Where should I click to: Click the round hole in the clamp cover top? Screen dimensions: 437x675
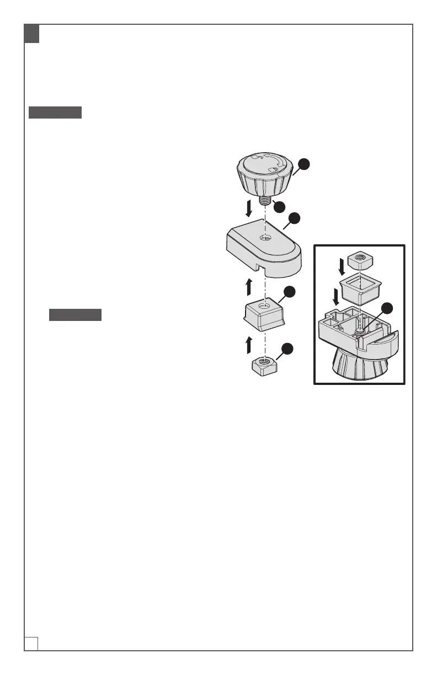265,238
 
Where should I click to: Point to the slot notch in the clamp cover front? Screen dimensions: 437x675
259,269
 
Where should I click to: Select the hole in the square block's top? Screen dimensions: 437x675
265,304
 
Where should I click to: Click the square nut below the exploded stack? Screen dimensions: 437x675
265,365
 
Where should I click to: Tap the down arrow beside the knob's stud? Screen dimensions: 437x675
249,209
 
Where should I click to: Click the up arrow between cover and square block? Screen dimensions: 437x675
249,286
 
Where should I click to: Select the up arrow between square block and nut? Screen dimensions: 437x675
249,345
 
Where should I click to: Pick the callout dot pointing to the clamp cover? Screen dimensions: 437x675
295,218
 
